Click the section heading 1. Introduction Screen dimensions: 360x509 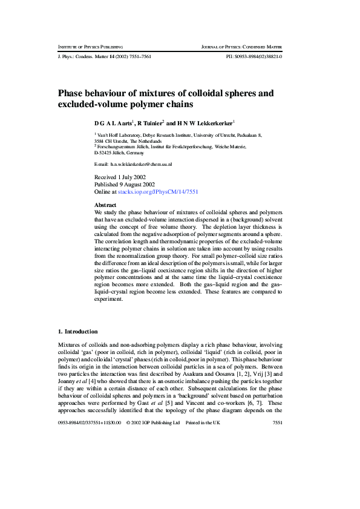pos(77,331)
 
